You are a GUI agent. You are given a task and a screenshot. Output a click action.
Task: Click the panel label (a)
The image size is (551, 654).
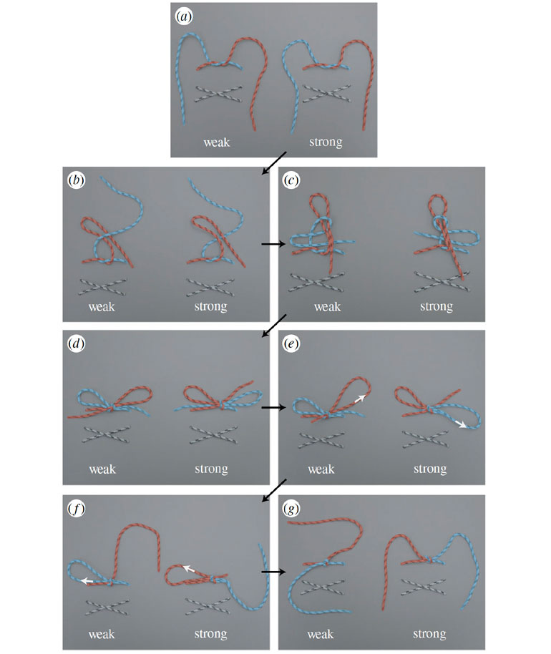[x=183, y=17]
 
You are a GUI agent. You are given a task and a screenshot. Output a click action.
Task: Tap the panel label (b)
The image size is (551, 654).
[x=77, y=180]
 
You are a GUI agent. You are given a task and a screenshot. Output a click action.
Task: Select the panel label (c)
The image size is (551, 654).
[x=291, y=180]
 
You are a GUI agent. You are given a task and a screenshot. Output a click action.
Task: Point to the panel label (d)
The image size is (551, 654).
[x=77, y=343]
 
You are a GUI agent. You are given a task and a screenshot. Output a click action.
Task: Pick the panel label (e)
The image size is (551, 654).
[x=291, y=343]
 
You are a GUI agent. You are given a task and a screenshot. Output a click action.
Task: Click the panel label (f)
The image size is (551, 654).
[x=77, y=509]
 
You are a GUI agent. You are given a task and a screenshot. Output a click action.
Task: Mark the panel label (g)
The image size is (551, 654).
[x=291, y=509]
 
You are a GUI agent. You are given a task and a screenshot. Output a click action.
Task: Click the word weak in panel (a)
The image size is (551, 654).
[x=217, y=142]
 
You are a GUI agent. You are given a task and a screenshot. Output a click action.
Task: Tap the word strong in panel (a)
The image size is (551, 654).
[x=326, y=142]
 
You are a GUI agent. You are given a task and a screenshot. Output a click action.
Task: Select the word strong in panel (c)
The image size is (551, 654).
[x=437, y=306]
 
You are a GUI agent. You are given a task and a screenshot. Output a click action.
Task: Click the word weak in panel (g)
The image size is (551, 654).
[x=321, y=635]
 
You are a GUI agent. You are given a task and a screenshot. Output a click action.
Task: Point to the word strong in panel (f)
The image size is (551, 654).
[x=210, y=634]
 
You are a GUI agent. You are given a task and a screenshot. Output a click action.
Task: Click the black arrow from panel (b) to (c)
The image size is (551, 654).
[x=273, y=243]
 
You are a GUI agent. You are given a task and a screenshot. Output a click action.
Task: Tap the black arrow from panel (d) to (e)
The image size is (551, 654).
[x=273, y=407]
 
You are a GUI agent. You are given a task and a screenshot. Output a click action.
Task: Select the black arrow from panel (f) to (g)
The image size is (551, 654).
[x=273, y=572]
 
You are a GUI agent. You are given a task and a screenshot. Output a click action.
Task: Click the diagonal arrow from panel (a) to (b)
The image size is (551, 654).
[x=274, y=163]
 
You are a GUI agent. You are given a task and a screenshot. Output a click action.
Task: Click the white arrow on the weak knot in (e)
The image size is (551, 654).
[x=360, y=399]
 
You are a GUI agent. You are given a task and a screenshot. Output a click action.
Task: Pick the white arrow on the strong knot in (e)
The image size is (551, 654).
[x=461, y=424]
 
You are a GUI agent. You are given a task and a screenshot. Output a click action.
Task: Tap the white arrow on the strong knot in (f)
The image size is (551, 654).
[x=189, y=568]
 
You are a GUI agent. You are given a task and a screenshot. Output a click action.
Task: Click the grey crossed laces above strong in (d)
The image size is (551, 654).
[x=213, y=434]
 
